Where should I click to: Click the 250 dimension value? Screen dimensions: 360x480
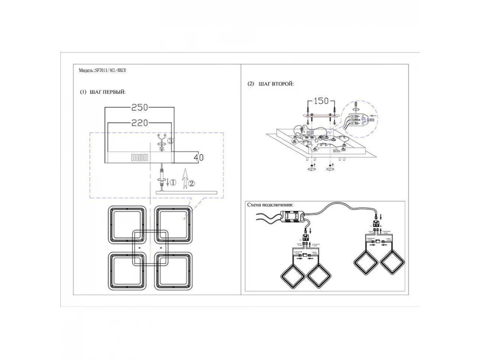pos(140,107)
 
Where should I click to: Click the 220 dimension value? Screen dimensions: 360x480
pos(140,123)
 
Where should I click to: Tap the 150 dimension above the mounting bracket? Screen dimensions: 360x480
pos(321,101)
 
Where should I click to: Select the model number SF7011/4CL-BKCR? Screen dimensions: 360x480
pos(112,70)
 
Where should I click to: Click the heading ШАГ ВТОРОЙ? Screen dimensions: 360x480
pos(276,84)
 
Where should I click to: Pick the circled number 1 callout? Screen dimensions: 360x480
pos(172,182)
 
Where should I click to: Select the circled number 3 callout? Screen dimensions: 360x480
pos(170,141)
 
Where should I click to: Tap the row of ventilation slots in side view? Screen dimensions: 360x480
pos(140,157)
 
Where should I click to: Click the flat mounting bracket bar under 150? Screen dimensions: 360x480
pos(321,115)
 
